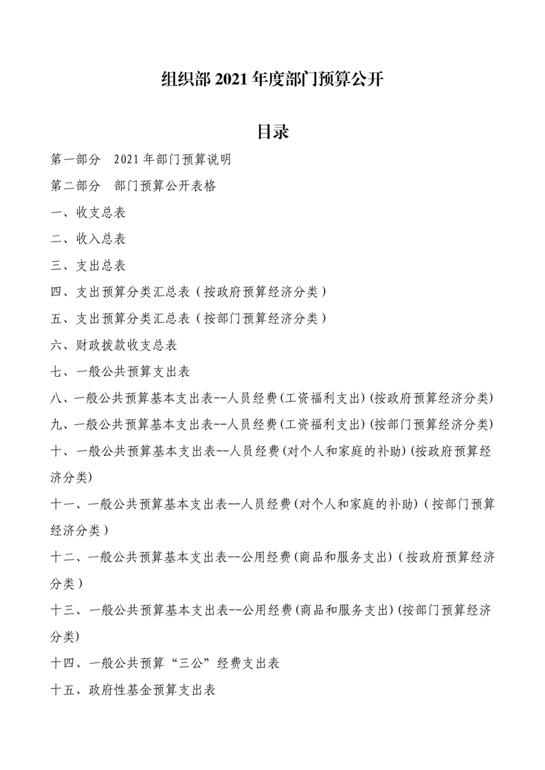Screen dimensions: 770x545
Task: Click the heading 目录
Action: tap(272, 132)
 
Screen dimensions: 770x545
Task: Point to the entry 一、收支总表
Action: tap(88, 213)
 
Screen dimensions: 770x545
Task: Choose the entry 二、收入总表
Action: tap(88, 240)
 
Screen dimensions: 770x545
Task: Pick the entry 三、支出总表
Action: tap(88, 266)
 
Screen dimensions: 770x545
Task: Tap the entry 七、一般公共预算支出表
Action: tap(120, 372)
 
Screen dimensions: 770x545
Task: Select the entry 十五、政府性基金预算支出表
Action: tap(133, 690)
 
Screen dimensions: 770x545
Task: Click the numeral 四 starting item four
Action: tap(56, 292)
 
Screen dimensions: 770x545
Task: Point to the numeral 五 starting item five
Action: tap(56, 318)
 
